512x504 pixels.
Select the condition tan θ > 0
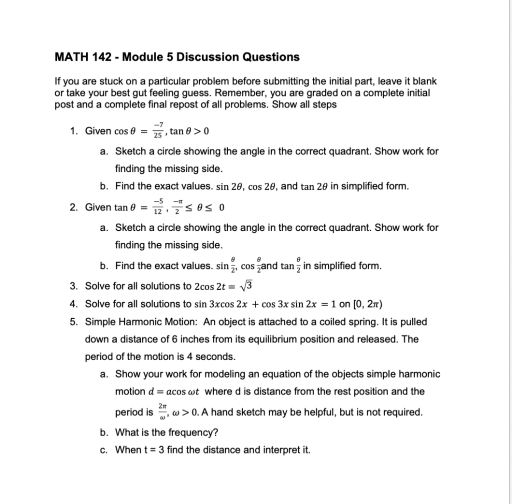click(x=189, y=132)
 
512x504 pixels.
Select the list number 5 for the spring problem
click(x=73, y=322)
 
